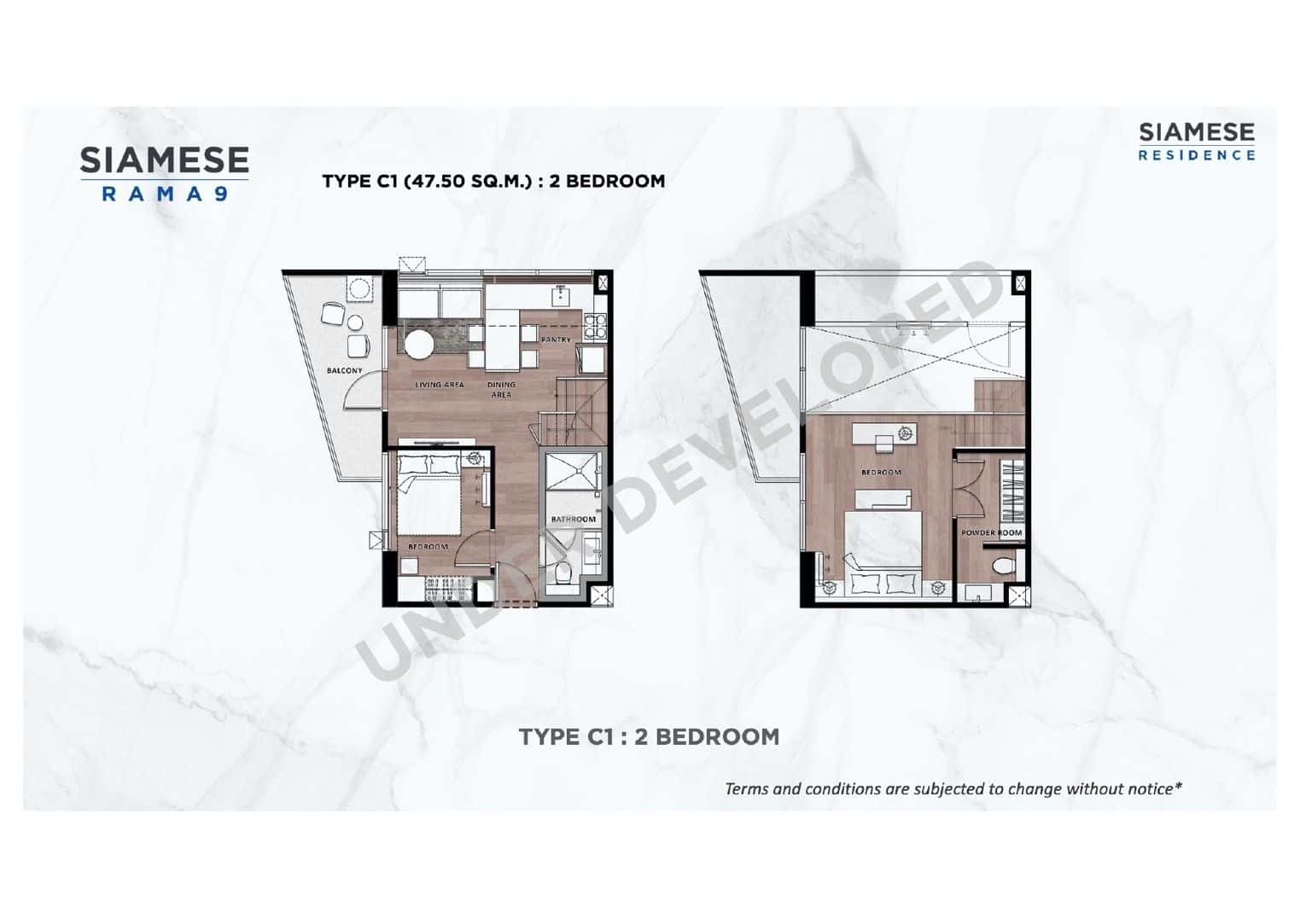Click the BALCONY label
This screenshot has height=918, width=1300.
(x=344, y=370)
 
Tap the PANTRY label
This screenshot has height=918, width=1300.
(x=556, y=340)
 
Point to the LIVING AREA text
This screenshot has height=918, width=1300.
(x=440, y=385)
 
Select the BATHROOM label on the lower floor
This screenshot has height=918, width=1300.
(x=574, y=519)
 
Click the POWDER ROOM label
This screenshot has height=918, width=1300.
(x=992, y=532)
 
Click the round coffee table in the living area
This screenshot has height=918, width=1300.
(x=419, y=346)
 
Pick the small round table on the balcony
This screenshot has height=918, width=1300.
(x=355, y=322)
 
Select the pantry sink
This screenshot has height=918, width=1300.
(x=561, y=295)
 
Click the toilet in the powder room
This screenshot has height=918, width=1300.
(x=1004, y=565)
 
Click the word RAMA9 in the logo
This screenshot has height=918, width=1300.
(x=164, y=194)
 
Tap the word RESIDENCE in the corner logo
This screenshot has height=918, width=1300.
(x=1197, y=155)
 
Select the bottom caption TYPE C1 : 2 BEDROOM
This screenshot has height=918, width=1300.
(x=649, y=736)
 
